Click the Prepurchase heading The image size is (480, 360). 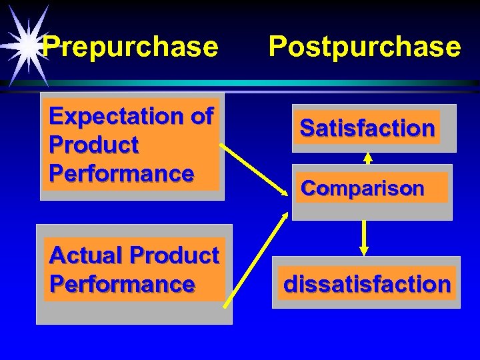(130, 47)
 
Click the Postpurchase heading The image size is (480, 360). (364, 47)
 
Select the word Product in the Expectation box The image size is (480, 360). (93, 145)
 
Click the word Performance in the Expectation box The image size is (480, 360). (121, 173)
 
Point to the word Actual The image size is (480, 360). (87, 255)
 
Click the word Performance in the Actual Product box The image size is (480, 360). (122, 284)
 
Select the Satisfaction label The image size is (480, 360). (367, 127)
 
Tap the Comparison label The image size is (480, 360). (362, 189)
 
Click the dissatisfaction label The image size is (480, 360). (367, 284)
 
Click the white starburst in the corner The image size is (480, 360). (27, 43)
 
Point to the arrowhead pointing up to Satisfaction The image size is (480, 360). (367, 159)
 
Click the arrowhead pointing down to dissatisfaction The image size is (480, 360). (364, 250)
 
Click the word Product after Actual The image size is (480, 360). (174, 255)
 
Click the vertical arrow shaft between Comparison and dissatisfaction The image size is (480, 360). (364, 233)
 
